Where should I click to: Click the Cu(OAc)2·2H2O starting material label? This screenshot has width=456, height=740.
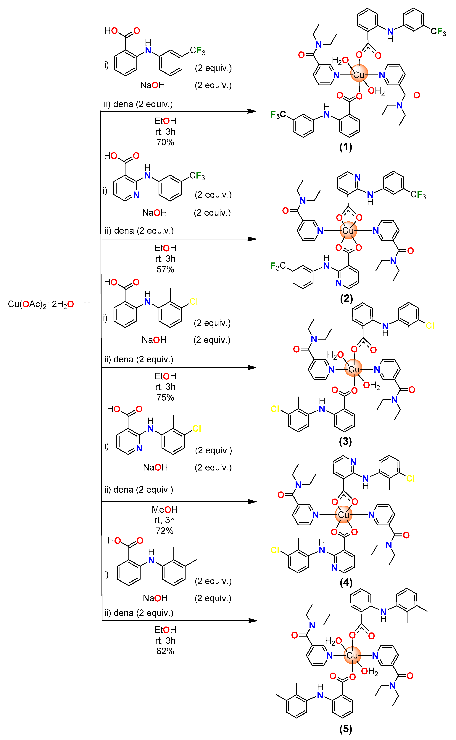click(41, 304)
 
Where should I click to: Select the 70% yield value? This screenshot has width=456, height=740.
click(165, 142)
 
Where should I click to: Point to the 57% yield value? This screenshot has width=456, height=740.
click(165, 269)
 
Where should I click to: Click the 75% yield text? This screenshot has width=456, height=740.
click(165, 397)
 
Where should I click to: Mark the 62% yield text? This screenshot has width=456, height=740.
click(165, 651)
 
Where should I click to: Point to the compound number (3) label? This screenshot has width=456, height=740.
click(345, 441)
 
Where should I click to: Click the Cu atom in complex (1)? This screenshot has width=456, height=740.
click(359, 75)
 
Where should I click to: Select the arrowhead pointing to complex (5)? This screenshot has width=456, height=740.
click(253, 621)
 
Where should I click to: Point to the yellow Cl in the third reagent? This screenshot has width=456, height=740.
click(194, 302)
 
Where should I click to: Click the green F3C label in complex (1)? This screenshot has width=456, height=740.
click(278, 115)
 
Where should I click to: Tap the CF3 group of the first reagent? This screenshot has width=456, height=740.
click(198, 51)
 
